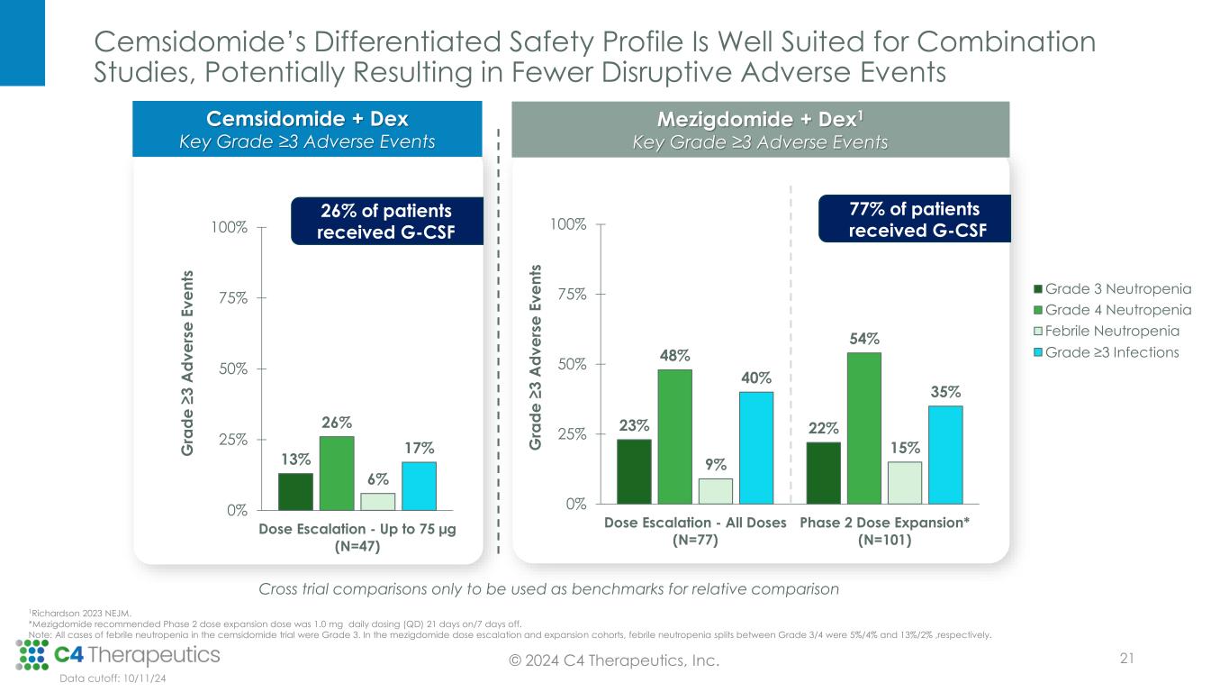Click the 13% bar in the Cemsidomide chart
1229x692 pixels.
(295, 491)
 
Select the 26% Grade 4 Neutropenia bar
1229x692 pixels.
(337, 473)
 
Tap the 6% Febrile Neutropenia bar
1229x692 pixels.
(377, 501)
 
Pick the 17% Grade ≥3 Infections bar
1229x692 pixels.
(419, 486)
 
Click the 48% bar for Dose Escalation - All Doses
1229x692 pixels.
(674, 436)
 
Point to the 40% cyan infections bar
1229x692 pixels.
(756, 447)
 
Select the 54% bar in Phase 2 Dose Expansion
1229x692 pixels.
(864, 427)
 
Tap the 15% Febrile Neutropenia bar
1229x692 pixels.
(905, 482)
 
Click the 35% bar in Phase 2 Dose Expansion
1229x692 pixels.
(945, 454)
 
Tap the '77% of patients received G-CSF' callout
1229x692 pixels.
(915, 219)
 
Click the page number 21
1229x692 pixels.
(1125, 660)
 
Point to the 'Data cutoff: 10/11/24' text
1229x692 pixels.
(113, 679)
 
